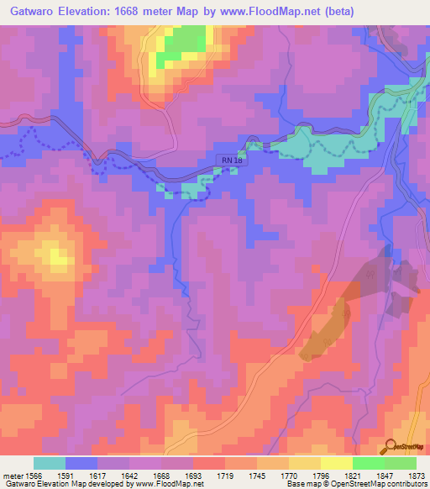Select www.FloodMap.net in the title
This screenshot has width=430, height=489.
point(271,11)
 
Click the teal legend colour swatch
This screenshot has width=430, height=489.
point(50,463)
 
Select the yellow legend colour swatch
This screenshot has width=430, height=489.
point(337,463)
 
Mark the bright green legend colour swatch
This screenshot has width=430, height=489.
point(369,463)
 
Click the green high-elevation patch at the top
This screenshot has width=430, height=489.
point(186,42)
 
